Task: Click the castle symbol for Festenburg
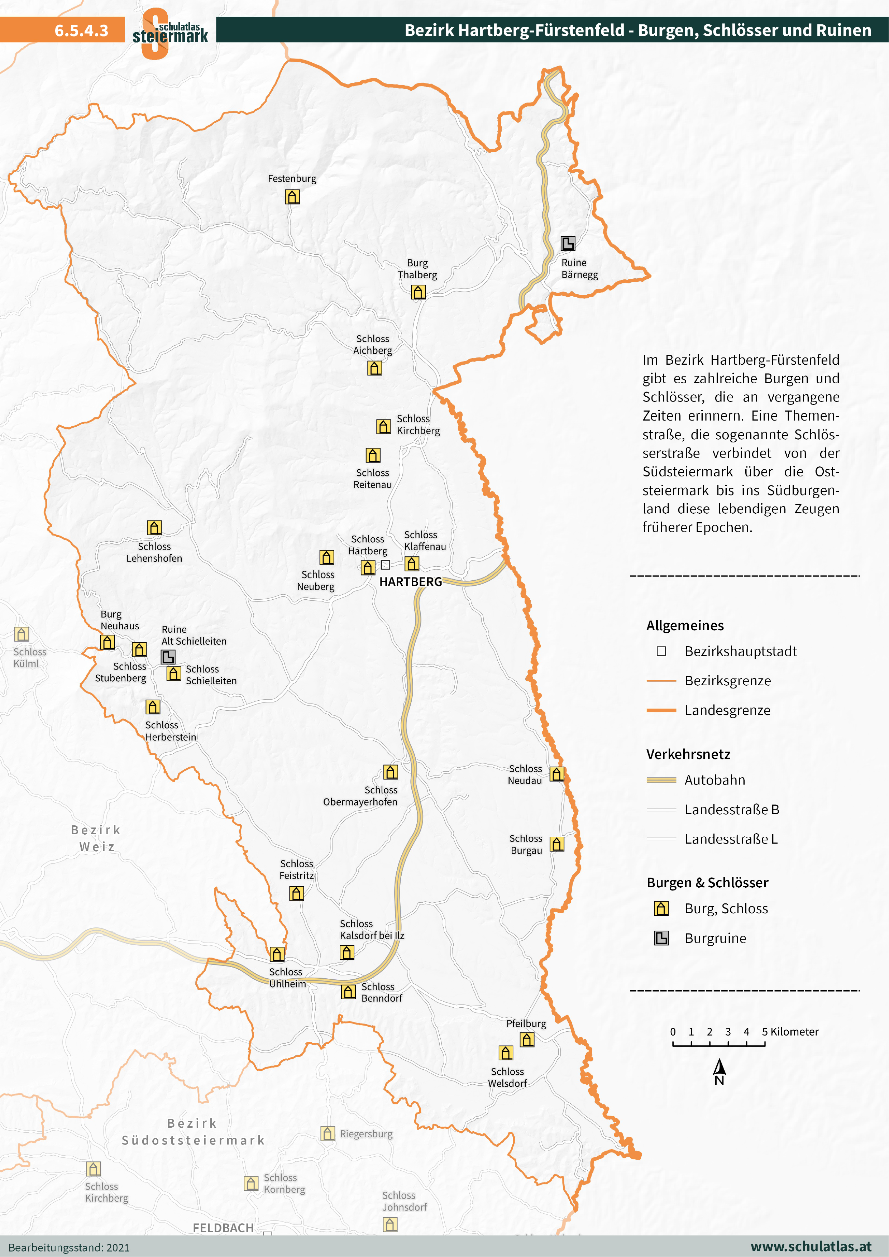[x=292, y=197]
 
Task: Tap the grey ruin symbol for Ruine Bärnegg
[x=568, y=243]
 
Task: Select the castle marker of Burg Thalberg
[x=419, y=292]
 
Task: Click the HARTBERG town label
[x=410, y=582]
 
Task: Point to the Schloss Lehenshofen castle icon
[x=154, y=527]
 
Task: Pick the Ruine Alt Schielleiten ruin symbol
[x=168, y=656]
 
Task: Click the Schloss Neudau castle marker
[x=557, y=774]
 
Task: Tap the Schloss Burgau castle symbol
[x=557, y=844]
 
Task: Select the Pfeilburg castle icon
[x=527, y=1039]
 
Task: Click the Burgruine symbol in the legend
[x=661, y=938]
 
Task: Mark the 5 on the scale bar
[x=765, y=1031]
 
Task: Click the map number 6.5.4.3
[x=81, y=30]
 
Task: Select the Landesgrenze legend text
[x=727, y=710]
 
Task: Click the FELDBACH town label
[x=223, y=1228]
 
